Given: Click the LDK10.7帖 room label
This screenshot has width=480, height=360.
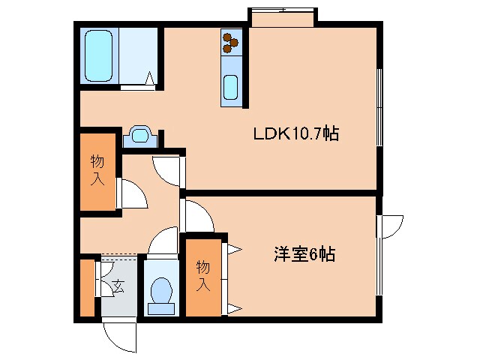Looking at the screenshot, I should click(x=296, y=134).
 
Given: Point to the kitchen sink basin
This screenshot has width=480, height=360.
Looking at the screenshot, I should click(x=232, y=88).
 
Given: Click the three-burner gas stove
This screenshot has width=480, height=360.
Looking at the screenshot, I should click(x=230, y=43).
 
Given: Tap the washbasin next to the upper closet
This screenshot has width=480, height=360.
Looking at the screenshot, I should click(x=140, y=136).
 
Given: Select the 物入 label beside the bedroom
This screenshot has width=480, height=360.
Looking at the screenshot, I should click(x=202, y=275).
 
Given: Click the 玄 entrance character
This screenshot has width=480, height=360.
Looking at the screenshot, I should click(x=118, y=286).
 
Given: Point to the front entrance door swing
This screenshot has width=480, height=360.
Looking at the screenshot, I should click(x=118, y=335).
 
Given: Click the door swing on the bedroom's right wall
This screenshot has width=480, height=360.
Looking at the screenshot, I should click(x=391, y=225).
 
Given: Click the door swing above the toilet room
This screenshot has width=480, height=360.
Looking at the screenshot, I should click(x=161, y=243).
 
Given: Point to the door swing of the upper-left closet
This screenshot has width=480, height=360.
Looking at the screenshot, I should click(x=132, y=194).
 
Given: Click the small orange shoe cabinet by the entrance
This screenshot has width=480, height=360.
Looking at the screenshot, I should click(x=87, y=286).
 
